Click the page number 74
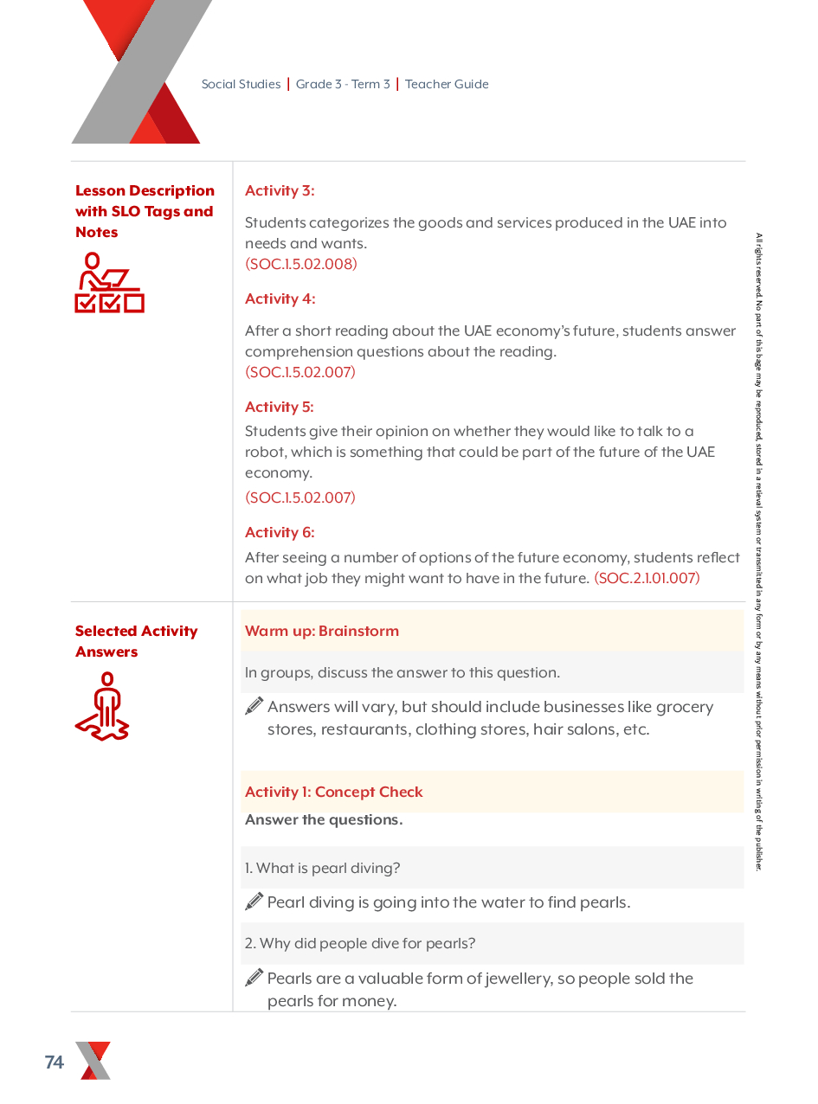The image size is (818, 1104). pyautogui.click(x=54, y=1062)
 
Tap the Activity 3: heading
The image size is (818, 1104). pyautogui.click(x=280, y=190)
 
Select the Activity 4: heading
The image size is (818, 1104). pyautogui.click(x=280, y=298)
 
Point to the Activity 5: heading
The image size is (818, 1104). pyautogui.click(x=279, y=407)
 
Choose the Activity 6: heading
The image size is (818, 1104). pyautogui.click(x=280, y=532)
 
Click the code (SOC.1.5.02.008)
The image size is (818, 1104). pyautogui.click(x=300, y=264)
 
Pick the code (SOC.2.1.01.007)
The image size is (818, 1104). pyautogui.click(x=647, y=578)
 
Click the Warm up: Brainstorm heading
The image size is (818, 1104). pyautogui.click(x=322, y=631)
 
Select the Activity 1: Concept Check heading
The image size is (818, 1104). pyautogui.click(x=333, y=792)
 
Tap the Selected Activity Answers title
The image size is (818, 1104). pyautogui.click(x=136, y=641)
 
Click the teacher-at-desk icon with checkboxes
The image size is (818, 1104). pyautogui.click(x=109, y=282)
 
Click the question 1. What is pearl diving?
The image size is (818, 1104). pyautogui.click(x=322, y=868)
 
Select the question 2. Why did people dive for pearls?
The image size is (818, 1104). pyautogui.click(x=359, y=943)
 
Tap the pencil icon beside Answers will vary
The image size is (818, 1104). pyautogui.click(x=254, y=706)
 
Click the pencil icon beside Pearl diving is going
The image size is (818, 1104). pyautogui.click(x=254, y=902)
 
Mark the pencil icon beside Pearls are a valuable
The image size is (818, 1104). pyautogui.click(x=254, y=978)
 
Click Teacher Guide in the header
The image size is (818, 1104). pyautogui.click(x=447, y=84)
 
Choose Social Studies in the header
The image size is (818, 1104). pyautogui.click(x=241, y=84)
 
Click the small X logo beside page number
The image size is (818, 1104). pyautogui.click(x=93, y=1061)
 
